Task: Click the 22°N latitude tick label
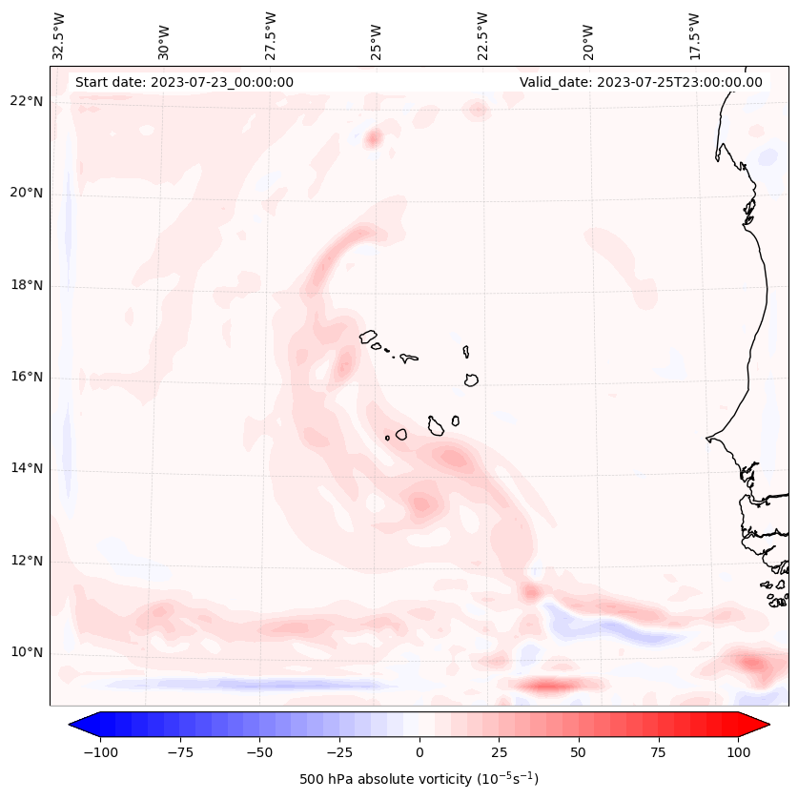pyautogui.click(x=27, y=102)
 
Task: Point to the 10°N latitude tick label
pyautogui.click(x=27, y=653)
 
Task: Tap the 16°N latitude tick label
pyautogui.click(x=27, y=378)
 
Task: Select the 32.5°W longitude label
pyautogui.click(x=59, y=36)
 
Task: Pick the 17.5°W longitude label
pyautogui.click(x=694, y=36)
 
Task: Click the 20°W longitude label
pyautogui.click(x=589, y=36)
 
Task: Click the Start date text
pyautogui.click(x=184, y=82)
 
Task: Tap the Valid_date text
pyautogui.click(x=641, y=82)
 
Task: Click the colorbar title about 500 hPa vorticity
pyautogui.click(x=419, y=779)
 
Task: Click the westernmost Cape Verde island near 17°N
pyautogui.click(x=368, y=337)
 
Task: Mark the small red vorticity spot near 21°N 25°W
pyautogui.click(x=373, y=138)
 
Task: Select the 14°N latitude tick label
pyautogui.click(x=27, y=469)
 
